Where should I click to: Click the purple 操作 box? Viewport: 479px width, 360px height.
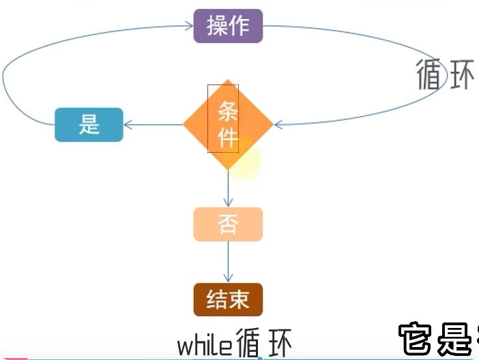point(228,26)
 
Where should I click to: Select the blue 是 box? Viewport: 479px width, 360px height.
point(89,125)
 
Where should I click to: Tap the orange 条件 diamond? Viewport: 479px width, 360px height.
point(228,124)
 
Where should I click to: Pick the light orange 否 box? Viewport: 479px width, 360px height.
point(228,224)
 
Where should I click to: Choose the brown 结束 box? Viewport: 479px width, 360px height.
point(228,299)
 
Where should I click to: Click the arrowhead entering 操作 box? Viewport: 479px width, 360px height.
point(190,26)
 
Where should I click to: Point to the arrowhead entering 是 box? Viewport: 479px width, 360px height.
point(128,125)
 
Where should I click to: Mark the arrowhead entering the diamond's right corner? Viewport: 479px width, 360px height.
point(278,124)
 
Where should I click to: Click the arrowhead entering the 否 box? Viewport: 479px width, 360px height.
point(228,202)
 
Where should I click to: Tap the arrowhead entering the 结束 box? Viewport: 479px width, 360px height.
point(228,278)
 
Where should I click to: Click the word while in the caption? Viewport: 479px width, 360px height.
point(205,346)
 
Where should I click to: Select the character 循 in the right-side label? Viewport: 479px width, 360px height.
point(429,74)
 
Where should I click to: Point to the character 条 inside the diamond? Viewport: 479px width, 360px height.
point(228,111)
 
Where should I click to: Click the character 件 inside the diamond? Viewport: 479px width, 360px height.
point(228,138)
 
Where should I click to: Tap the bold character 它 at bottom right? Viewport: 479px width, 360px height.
point(415,338)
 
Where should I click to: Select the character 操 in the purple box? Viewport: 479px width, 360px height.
point(217,26)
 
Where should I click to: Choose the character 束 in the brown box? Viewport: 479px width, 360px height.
point(239,299)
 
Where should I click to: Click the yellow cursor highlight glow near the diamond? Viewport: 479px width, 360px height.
point(244,159)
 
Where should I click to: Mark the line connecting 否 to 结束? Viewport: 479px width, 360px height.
point(228,262)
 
